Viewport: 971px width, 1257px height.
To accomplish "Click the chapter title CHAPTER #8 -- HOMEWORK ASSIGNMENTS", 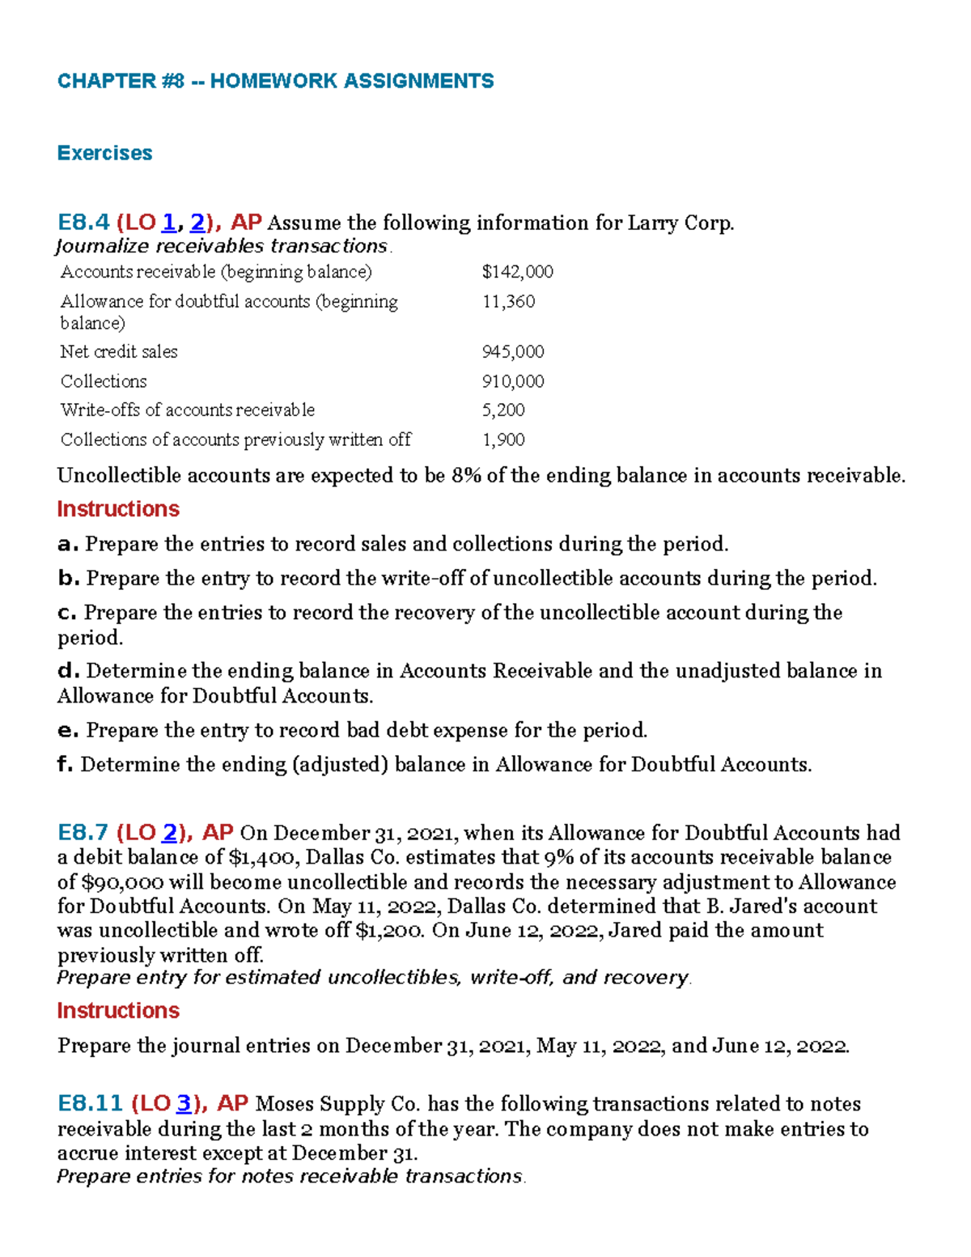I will pos(275,81).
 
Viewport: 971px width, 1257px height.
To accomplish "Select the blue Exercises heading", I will pos(104,153).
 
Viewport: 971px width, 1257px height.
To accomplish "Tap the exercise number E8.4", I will pos(83,223).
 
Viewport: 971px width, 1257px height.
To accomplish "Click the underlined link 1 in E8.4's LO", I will pos(169,223).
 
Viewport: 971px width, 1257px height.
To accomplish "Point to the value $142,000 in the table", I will pos(517,272).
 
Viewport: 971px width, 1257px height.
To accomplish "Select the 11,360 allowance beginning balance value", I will pos(508,302).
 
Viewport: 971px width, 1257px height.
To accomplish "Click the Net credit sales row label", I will pos(119,352).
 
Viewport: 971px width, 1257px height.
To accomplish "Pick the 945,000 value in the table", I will pos(513,352).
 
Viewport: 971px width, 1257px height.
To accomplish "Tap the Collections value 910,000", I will pos(513,381).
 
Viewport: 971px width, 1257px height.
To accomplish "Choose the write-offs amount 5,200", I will pos(503,410).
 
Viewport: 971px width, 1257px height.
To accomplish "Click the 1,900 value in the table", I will pos(503,440).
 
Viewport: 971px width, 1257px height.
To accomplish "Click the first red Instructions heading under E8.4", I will pos(118,509).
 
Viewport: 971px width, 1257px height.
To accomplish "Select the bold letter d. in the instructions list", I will pos(69,671).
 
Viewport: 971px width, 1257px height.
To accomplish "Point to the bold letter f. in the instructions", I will pos(66,765).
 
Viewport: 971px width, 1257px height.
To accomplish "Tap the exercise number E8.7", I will pos(83,833).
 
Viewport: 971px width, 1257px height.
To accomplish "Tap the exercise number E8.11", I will pos(90,1104).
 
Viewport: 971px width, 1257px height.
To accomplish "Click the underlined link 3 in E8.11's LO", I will pos(184,1104).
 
